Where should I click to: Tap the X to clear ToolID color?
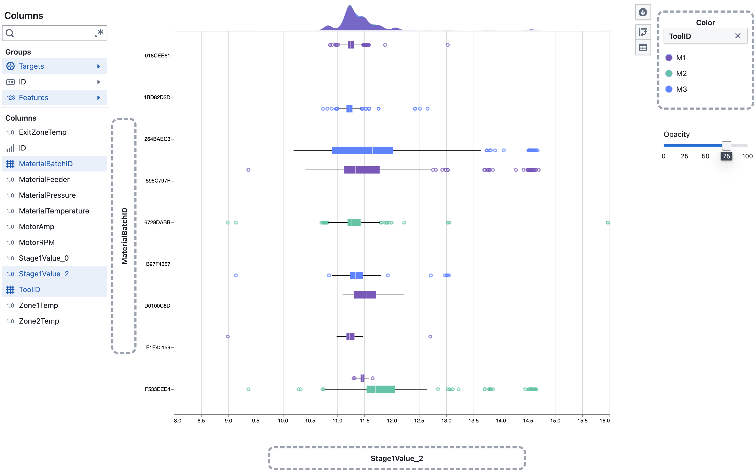tap(738, 36)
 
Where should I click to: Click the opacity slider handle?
tap(726, 146)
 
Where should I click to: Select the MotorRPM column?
tap(36, 242)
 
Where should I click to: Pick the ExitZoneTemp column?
tap(43, 132)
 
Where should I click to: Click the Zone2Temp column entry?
tap(39, 321)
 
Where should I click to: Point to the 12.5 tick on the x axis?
tap(419, 421)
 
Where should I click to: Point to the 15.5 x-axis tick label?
tap(582, 421)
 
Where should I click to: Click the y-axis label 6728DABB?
tap(157, 222)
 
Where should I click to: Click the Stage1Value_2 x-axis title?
tap(396, 458)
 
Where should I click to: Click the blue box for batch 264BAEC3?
tap(362, 151)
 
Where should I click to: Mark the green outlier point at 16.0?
tap(607, 223)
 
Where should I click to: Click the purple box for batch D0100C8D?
tap(364, 295)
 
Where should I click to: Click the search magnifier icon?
tap(10, 33)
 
